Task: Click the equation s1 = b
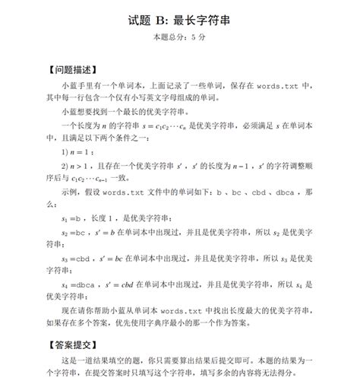(72, 218)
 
